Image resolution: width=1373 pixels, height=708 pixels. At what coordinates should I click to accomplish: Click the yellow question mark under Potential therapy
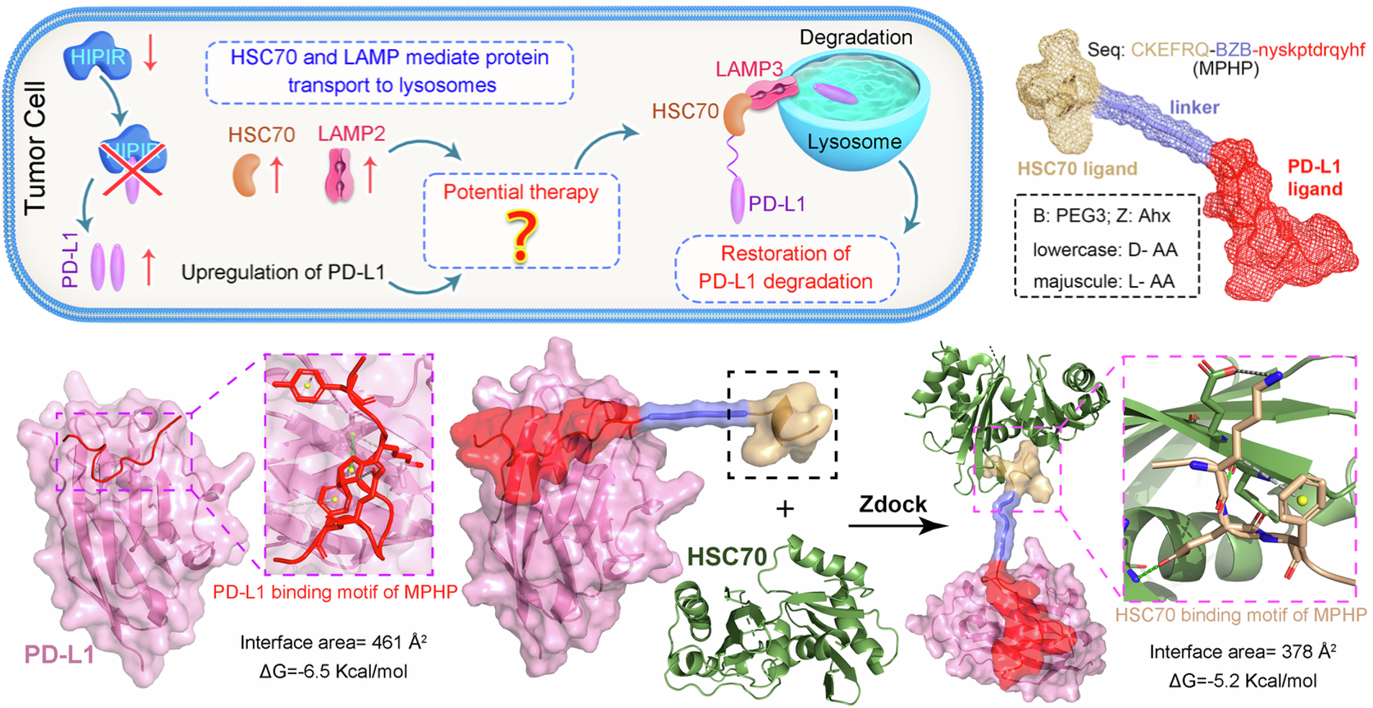522,237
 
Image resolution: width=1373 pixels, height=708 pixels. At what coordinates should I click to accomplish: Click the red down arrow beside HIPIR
150,56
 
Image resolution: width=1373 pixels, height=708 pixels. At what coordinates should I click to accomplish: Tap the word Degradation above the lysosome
856,37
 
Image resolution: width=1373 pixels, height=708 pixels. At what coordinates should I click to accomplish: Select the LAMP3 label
748,69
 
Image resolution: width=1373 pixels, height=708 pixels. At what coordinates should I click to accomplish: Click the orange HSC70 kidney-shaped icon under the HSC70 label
246,175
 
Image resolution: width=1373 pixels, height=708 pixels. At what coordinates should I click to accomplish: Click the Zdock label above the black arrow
893,504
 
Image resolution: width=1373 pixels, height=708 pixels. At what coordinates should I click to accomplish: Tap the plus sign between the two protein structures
784,509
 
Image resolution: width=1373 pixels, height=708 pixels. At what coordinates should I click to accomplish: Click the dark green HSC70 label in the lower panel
727,556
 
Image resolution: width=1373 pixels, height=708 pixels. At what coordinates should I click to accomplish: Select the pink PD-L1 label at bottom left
60,654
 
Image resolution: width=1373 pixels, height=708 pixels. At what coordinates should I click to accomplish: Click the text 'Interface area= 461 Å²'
334,642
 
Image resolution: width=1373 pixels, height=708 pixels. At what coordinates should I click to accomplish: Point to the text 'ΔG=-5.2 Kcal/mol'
1243,681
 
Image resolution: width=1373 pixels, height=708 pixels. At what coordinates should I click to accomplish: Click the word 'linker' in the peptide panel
1194,107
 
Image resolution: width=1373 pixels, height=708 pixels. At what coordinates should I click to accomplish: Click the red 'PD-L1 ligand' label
1315,178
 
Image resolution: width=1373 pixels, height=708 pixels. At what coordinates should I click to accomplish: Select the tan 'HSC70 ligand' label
1077,169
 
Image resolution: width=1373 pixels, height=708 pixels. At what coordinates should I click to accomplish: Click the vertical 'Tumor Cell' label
35,148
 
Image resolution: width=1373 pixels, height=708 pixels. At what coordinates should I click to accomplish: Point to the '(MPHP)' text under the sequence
1225,69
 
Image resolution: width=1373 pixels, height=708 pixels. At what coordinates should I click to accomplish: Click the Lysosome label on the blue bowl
854,142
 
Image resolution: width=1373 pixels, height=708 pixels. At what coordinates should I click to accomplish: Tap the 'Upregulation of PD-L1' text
283,272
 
